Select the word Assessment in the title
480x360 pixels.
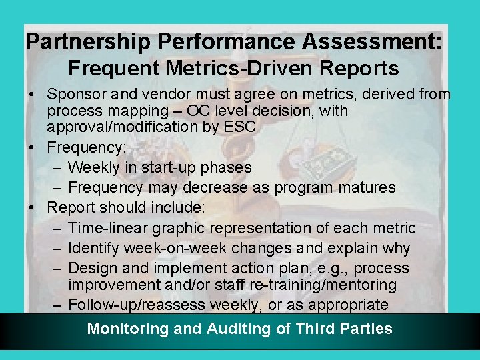371,42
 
